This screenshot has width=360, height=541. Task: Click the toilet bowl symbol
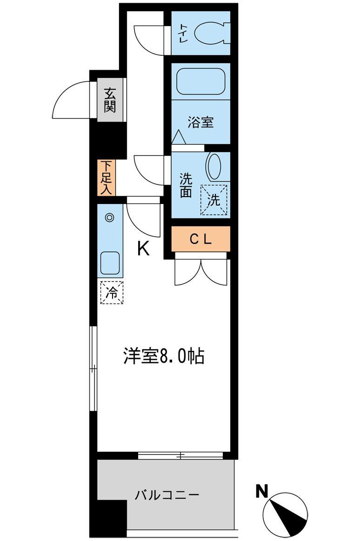[211, 33]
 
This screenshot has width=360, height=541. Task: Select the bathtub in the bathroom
[201, 82]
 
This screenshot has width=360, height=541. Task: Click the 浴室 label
[200, 123]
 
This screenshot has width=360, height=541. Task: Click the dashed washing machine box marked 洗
[213, 200]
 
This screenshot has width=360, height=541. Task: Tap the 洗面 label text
[186, 185]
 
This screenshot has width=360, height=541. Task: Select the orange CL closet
[200, 239]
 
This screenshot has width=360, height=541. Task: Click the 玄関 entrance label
[109, 100]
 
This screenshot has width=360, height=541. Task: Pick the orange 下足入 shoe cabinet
[106, 177]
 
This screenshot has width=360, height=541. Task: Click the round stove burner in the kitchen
[109, 217]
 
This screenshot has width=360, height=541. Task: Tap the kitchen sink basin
[110, 263]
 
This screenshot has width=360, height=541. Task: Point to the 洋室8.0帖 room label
[164, 356]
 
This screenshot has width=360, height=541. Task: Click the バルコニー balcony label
[167, 495]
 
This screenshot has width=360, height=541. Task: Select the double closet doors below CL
[201, 271]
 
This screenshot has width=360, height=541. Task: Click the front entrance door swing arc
[70, 100]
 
